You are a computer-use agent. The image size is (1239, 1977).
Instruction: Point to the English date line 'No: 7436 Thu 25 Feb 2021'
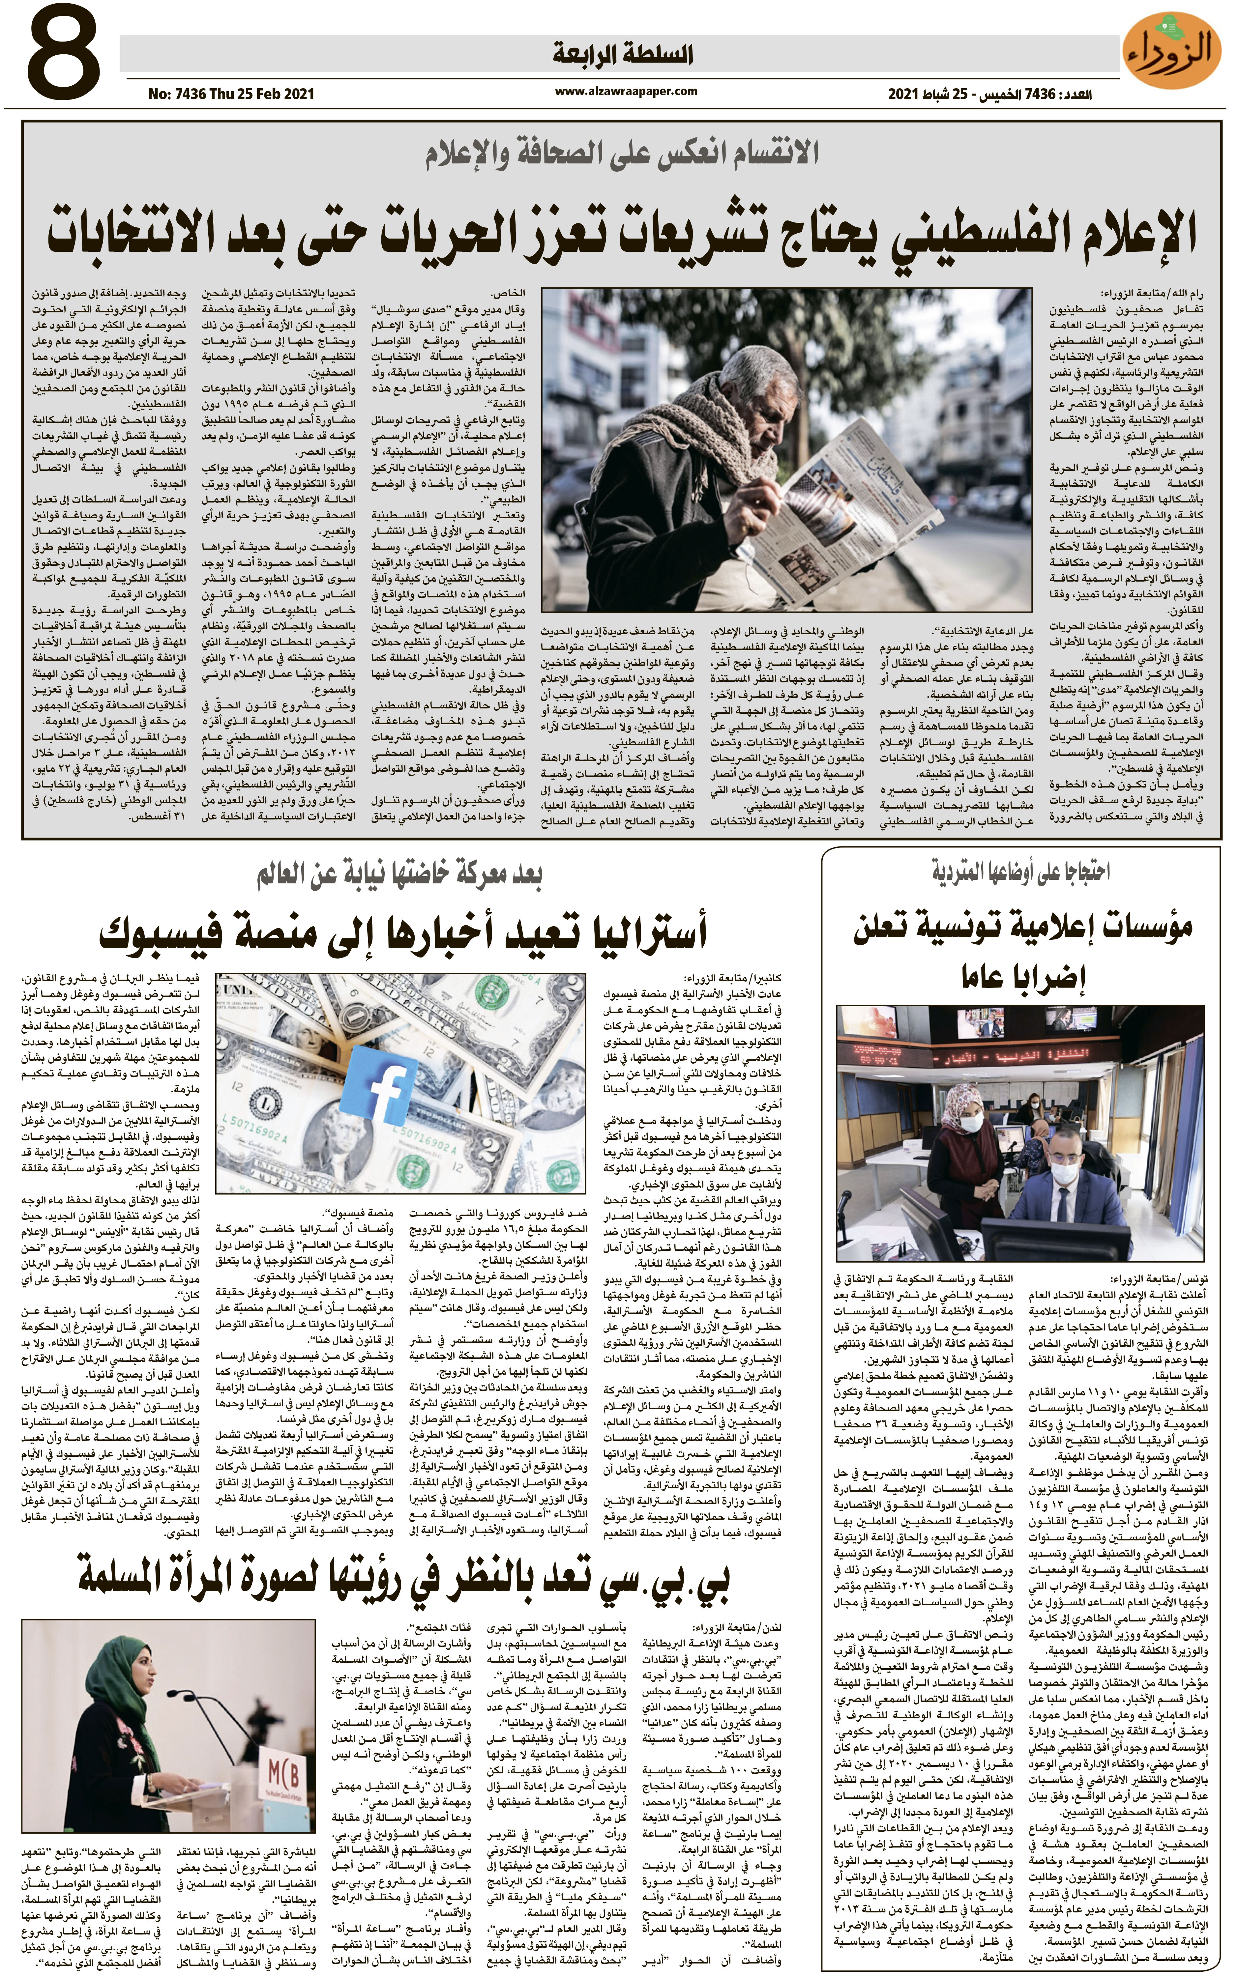click(231, 94)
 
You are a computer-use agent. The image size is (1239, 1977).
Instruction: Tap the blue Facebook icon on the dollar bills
click(392, 1090)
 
